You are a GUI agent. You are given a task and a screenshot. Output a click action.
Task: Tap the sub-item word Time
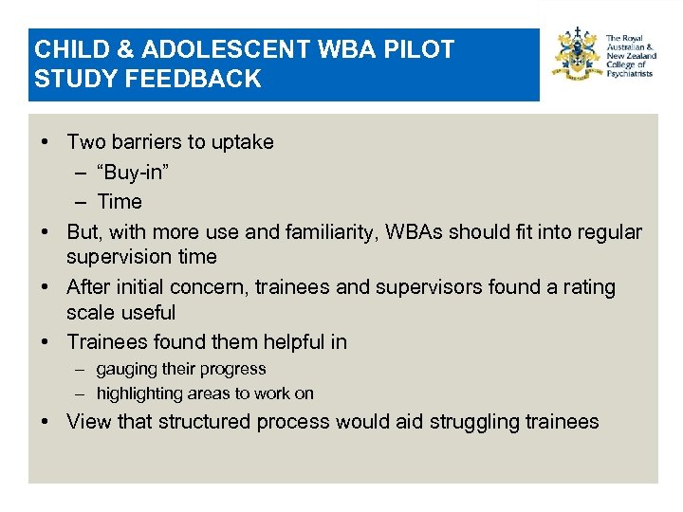[x=120, y=202]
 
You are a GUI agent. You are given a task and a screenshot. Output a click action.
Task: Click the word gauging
[x=126, y=370]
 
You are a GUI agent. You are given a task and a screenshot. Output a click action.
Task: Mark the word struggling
[x=478, y=422]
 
